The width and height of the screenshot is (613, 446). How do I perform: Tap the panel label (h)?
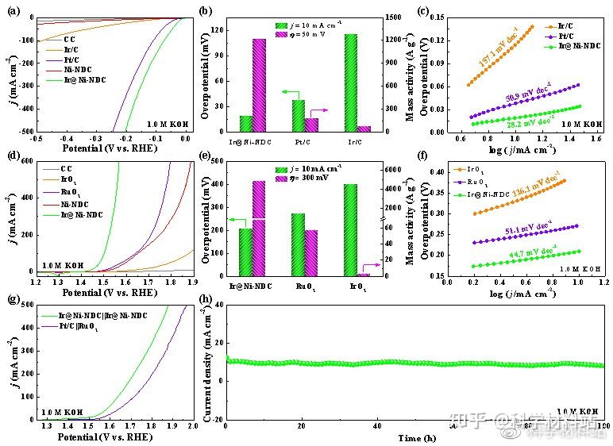point(206,299)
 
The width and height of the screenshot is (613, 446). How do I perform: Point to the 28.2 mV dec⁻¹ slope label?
point(530,123)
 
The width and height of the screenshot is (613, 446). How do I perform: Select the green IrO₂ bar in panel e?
point(350,229)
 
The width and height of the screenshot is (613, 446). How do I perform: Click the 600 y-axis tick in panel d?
point(24,161)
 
